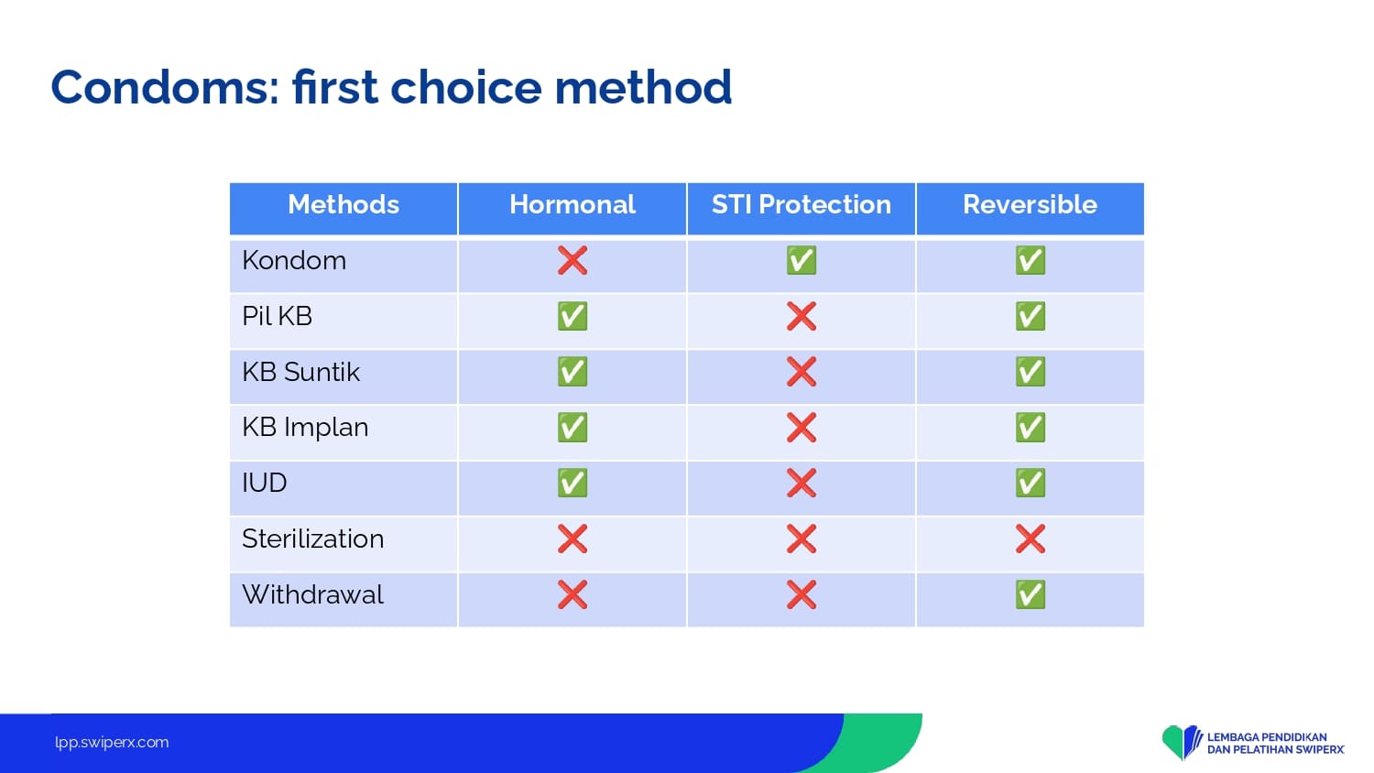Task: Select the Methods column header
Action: click(x=343, y=204)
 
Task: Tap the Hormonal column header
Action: click(x=572, y=204)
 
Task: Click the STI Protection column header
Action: click(x=801, y=204)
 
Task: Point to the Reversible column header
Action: click(x=1030, y=204)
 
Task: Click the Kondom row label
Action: click(x=294, y=261)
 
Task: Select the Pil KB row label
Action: click(x=278, y=317)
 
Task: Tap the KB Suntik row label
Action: click(x=300, y=372)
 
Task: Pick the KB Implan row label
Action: click(x=305, y=428)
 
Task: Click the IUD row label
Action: click(x=265, y=483)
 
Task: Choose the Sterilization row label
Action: click(x=313, y=539)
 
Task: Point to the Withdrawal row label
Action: click(x=313, y=594)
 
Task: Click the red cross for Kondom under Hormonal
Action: click(x=572, y=260)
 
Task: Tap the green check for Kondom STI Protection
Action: click(x=801, y=260)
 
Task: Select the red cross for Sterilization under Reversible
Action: click(x=1030, y=539)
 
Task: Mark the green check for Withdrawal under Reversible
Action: click(x=1030, y=594)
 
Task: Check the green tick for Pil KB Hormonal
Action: click(x=572, y=316)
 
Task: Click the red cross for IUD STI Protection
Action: click(x=801, y=483)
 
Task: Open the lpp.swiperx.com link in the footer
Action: click(x=112, y=743)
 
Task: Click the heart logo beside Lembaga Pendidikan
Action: click(x=1182, y=742)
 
